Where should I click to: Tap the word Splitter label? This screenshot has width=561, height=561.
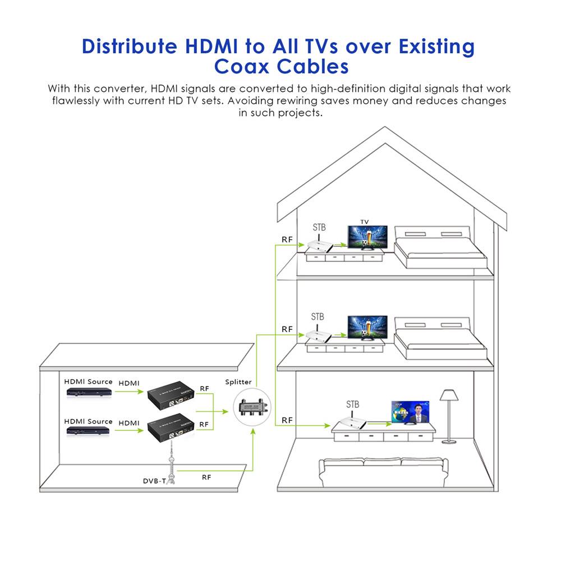tap(239, 382)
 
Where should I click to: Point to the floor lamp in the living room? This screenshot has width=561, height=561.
tap(449, 415)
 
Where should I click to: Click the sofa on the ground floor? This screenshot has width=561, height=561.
tap(384, 473)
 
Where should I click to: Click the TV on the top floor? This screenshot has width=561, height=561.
tap(367, 238)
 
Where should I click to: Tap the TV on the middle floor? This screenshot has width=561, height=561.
tap(367, 328)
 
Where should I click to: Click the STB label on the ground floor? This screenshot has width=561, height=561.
tap(352, 404)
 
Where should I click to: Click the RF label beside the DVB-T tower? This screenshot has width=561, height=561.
tap(206, 477)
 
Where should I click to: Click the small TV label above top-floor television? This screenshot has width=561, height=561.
tap(365, 222)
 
